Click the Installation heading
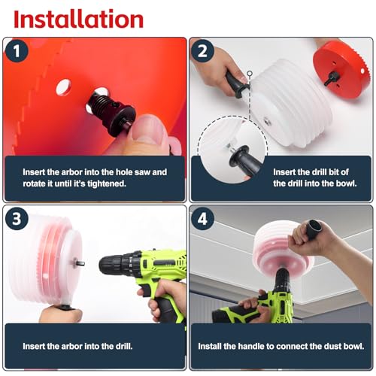pyautogui.click(x=78, y=18)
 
